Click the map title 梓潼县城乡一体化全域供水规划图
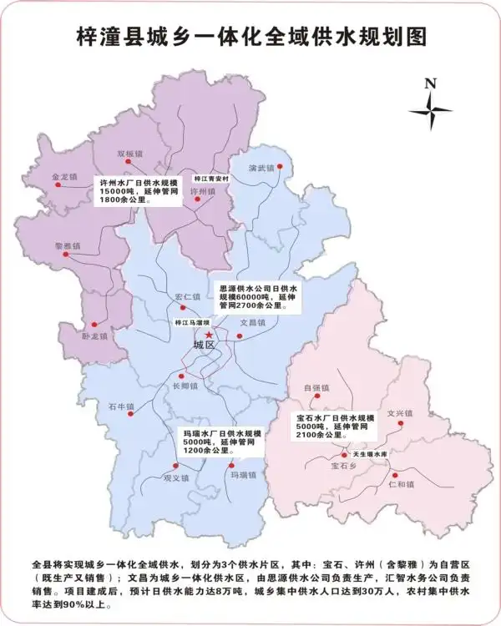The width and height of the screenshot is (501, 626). click(250, 36)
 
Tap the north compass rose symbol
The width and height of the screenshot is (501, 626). click(430, 109)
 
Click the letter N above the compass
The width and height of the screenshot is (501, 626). click(430, 83)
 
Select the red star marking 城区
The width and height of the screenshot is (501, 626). click(209, 334)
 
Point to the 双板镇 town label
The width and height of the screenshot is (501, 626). click(131, 154)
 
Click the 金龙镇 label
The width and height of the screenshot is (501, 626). click(64, 177)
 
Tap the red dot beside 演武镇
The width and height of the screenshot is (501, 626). click(281, 167)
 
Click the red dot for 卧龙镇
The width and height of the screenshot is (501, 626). click(94, 324)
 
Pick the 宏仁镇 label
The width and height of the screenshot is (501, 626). click(188, 297)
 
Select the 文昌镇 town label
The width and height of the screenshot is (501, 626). click(252, 321)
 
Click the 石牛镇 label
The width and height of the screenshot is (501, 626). click(121, 406)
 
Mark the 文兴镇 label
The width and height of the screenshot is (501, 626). click(400, 412)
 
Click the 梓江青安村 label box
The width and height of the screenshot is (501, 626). click(210, 178)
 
